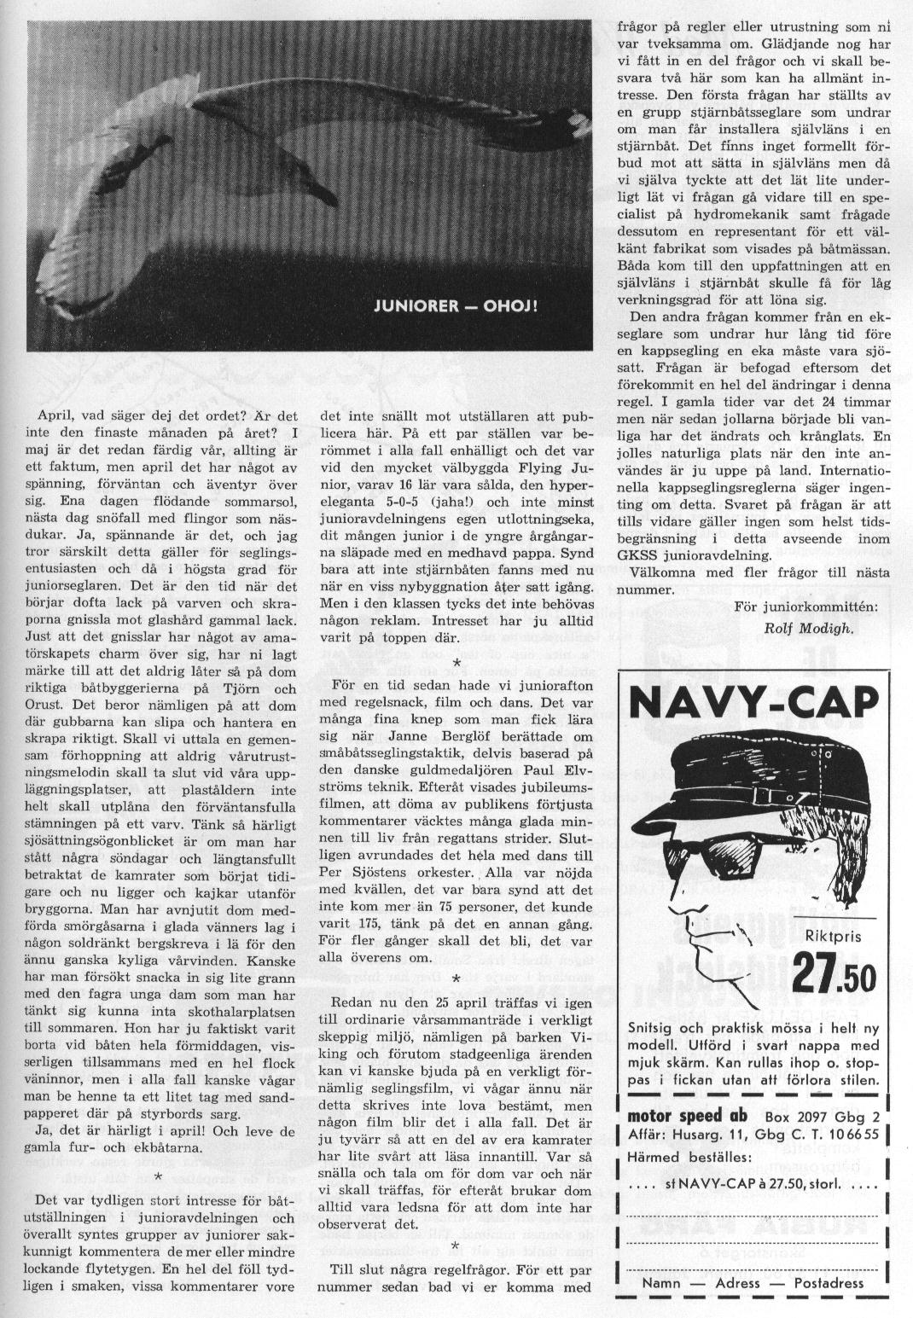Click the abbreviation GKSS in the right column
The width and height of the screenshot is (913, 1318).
pos(637,554)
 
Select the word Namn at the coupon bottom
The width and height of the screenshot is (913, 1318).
pos(662,1282)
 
